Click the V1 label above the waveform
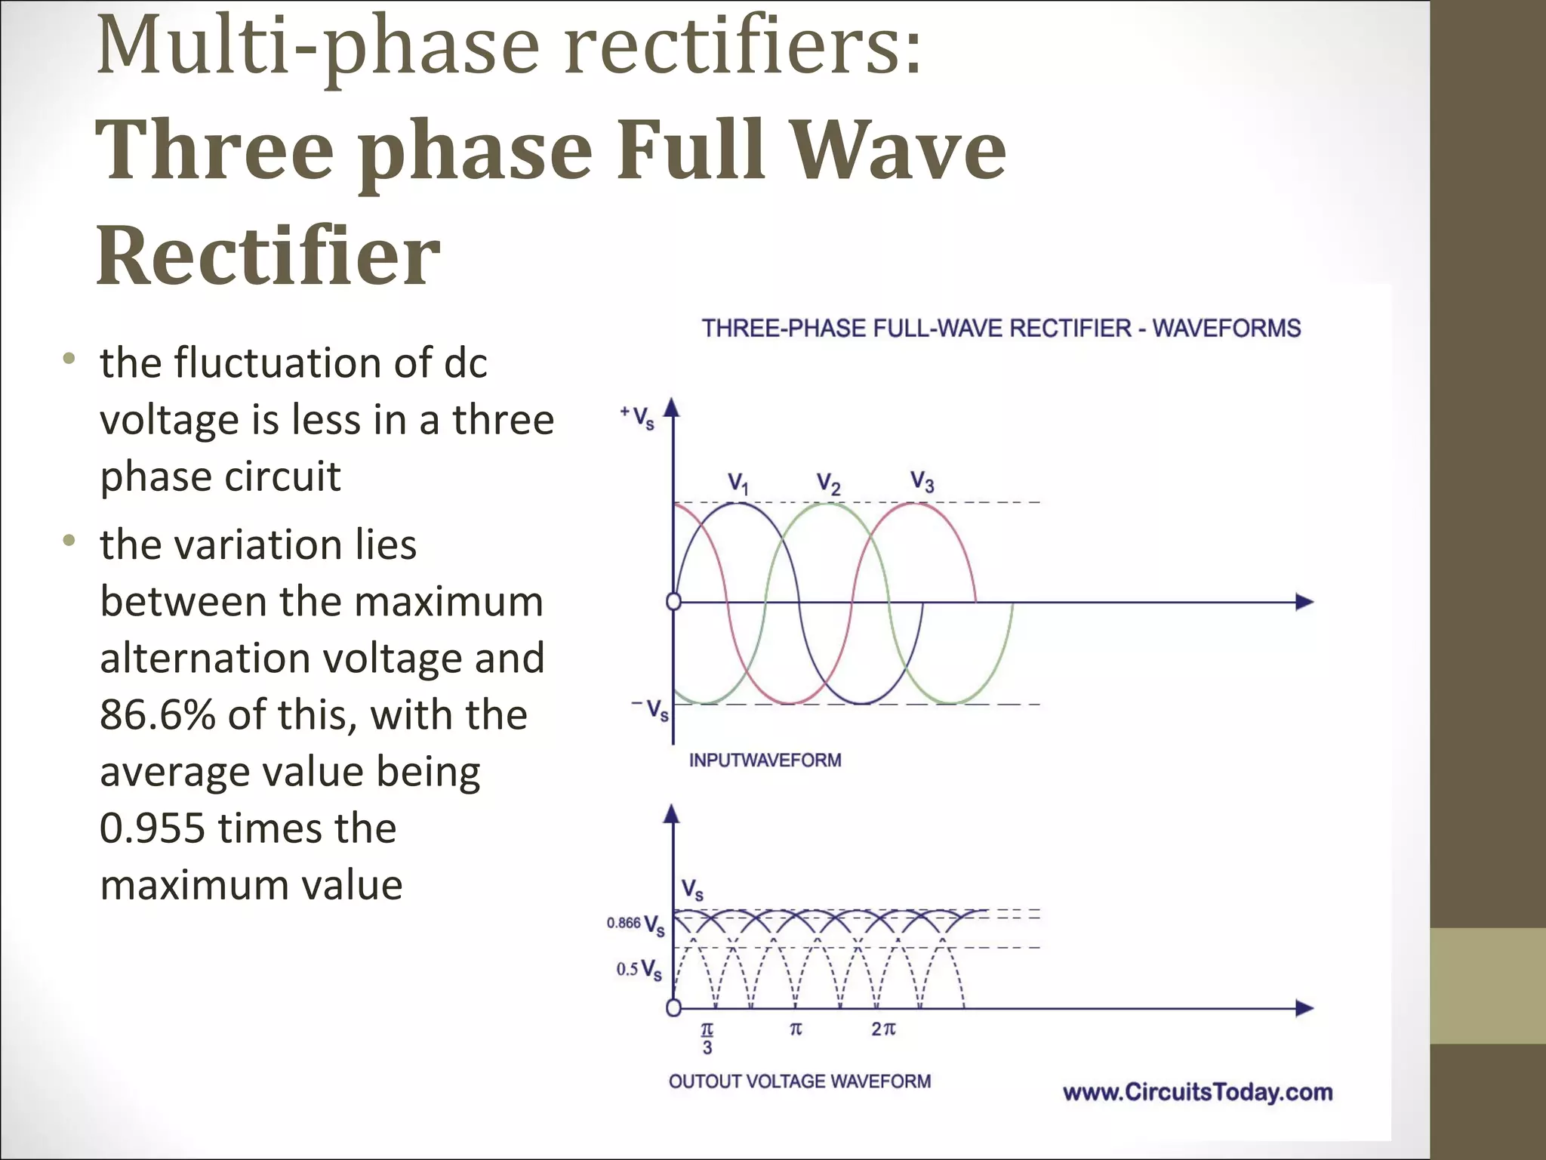tap(738, 483)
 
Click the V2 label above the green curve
tap(828, 483)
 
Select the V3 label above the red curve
tap(922, 480)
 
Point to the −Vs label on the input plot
tap(651, 709)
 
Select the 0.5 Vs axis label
tap(639, 970)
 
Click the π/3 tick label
tap(707, 1038)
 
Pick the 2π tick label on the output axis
tap(883, 1029)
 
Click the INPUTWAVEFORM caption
tap(765, 760)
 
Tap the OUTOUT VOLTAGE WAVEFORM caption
tap(799, 1081)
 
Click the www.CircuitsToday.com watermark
tap(1197, 1092)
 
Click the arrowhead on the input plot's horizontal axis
tap(1305, 602)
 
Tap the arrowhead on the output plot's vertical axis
tap(672, 813)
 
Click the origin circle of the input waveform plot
tap(673, 602)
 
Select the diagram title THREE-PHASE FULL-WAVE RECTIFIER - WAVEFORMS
tap(1001, 329)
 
